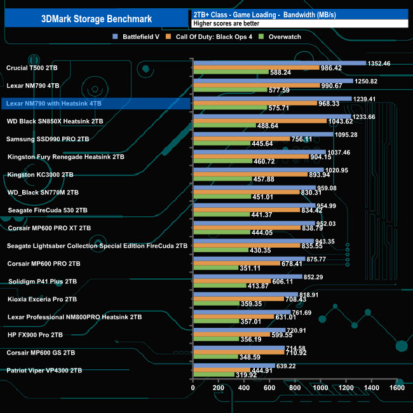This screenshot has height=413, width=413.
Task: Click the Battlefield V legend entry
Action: click(x=139, y=37)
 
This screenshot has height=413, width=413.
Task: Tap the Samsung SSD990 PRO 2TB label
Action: click(x=48, y=139)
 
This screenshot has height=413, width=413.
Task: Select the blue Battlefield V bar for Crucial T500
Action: click(x=280, y=63)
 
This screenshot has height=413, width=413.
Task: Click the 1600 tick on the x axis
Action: click(x=397, y=388)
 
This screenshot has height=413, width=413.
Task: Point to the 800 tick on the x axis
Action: click(x=295, y=388)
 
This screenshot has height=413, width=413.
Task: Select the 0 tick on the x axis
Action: click(x=193, y=388)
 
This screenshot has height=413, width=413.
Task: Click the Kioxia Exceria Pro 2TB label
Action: click(x=42, y=299)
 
